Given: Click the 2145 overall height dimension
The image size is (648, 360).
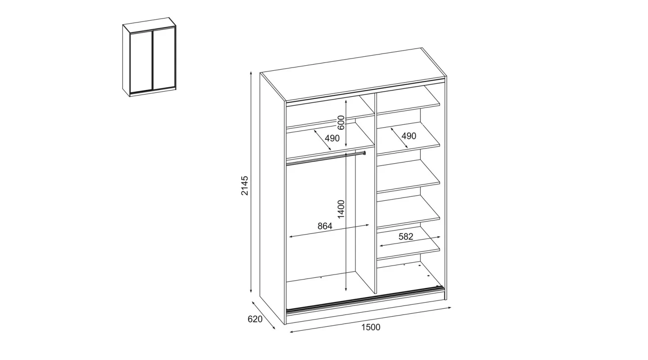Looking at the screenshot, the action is pos(245,185).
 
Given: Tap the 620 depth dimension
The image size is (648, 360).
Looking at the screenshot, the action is pos(255,319).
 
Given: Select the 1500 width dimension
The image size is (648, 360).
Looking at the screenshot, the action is pos(371,327).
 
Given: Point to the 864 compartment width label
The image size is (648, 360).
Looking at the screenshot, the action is pos(325,226).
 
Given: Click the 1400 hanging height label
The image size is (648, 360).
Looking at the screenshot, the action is pos(342,209).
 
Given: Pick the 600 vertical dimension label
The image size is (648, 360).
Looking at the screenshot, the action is pos(342,122).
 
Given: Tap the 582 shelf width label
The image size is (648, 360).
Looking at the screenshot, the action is pos(406,237).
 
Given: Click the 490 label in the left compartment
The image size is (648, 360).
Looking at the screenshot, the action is pos(332,138).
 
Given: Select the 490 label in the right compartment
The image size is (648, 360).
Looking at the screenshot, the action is pos(409,136).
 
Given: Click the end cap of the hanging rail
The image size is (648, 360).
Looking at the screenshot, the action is pos(364,153).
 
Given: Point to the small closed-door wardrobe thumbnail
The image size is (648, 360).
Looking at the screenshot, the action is pos(149,57).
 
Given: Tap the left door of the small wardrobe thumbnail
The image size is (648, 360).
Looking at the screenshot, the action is pos(141,62).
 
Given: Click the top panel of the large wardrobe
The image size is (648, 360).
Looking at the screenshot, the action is pos(352,74).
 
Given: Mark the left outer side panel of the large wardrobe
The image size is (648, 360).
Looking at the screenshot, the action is pos(272,198).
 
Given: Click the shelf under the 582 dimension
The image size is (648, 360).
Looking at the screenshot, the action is pos(409,248).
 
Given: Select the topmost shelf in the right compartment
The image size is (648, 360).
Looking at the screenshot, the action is pos(409,101).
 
